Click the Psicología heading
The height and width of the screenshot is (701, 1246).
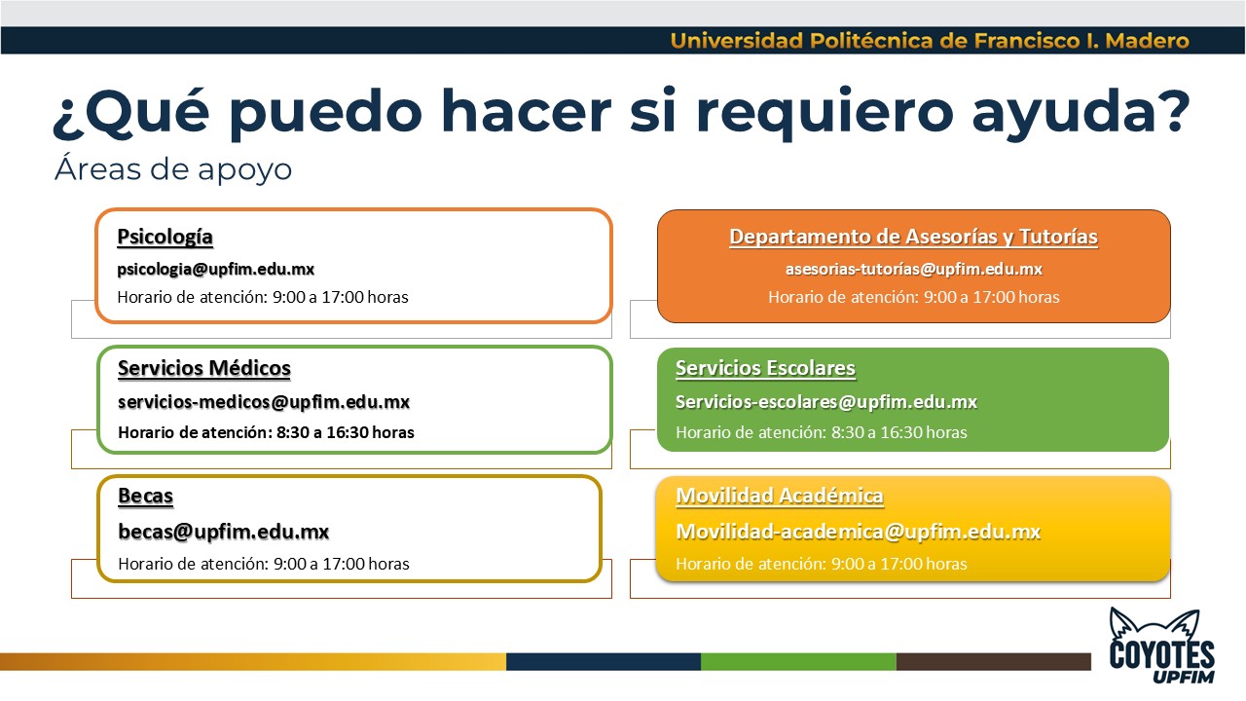coord(165,237)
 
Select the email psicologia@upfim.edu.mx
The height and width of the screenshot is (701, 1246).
coord(216,270)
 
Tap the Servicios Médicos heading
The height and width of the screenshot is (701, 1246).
coord(204,368)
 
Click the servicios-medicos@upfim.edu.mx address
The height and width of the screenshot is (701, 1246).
coord(264,402)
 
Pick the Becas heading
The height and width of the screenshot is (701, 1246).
coord(146,496)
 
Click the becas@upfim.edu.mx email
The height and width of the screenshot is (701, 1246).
coord(224,532)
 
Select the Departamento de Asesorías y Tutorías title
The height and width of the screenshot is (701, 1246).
coord(913,237)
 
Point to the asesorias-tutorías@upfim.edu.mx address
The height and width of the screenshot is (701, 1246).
coord(913,270)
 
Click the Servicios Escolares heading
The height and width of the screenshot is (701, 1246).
coord(765,368)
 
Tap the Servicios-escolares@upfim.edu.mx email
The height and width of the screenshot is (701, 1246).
coord(826,402)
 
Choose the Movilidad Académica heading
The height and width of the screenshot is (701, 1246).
coord(780,496)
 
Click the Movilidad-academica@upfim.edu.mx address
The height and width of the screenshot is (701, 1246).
coord(858,532)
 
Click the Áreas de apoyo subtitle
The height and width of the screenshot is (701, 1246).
coord(173,169)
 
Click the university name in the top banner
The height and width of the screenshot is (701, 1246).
coord(930,41)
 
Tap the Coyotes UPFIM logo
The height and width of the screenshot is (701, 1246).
coord(1162,646)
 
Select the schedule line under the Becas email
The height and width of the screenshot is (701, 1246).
coord(264,564)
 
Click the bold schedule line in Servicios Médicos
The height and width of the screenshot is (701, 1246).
coord(266,432)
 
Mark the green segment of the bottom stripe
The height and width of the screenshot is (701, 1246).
coord(798,661)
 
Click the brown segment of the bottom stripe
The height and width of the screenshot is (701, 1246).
coord(994,661)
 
